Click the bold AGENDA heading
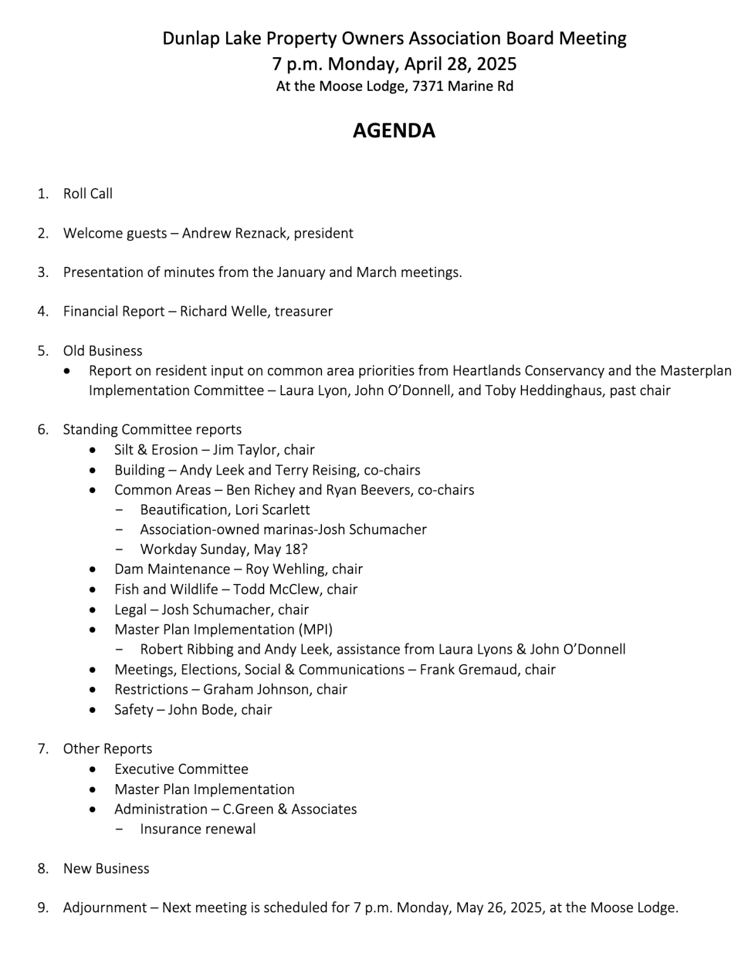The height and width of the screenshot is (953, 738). pyautogui.click(x=394, y=130)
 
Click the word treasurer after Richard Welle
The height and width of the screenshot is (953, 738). pyautogui.click(x=304, y=311)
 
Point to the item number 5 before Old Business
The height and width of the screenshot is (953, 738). pyautogui.click(x=42, y=351)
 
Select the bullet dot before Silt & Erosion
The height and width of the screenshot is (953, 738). pyautogui.click(x=93, y=450)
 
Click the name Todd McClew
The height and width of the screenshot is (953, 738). pyautogui.click(x=278, y=590)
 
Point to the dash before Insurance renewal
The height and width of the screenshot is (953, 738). pyautogui.click(x=119, y=829)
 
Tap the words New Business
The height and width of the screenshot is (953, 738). pyautogui.click(x=106, y=869)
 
